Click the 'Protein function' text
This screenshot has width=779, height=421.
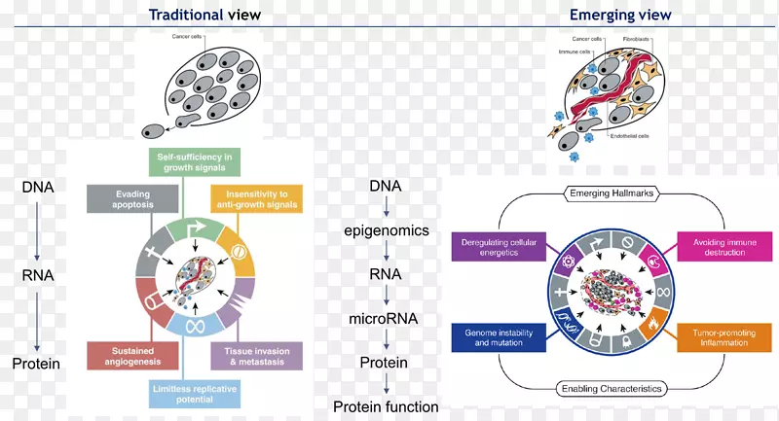tap(386, 406)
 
